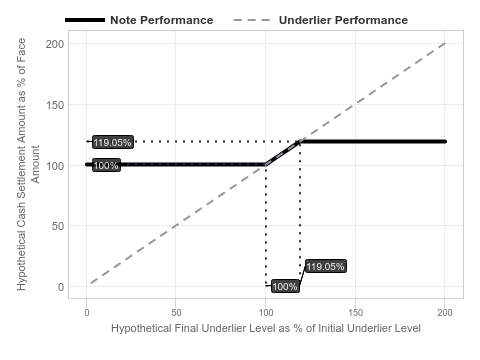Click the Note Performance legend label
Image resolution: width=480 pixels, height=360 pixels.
(162, 20)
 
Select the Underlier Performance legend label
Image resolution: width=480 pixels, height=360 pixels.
(343, 20)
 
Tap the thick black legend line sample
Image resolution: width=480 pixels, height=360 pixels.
(85, 20)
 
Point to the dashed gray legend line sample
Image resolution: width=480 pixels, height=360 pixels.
(252, 20)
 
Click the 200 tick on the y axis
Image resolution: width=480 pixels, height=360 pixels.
(55, 44)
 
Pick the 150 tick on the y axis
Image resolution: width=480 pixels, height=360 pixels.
(55, 105)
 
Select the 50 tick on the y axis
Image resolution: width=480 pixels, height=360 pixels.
(58, 226)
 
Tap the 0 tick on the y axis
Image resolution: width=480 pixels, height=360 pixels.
(61, 287)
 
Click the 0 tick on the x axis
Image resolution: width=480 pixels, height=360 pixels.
(87, 313)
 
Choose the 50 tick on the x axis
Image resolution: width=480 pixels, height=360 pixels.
(176, 313)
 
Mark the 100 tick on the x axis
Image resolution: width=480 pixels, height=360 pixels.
(266, 313)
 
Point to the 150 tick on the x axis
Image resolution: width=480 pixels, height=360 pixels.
(356, 313)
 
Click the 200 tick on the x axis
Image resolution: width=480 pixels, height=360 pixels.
(445, 313)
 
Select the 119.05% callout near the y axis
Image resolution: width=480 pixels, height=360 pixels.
(113, 142)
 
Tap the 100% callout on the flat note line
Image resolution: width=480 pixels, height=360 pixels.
(106, 165)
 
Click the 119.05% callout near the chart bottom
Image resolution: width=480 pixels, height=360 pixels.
(325, 266)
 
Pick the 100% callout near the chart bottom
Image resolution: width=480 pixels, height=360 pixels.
(285, 286)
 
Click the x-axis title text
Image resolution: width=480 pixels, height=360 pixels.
(266, 328)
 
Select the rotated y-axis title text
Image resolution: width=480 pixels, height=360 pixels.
(28, 164)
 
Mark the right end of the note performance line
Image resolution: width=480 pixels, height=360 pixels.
(445, 141)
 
